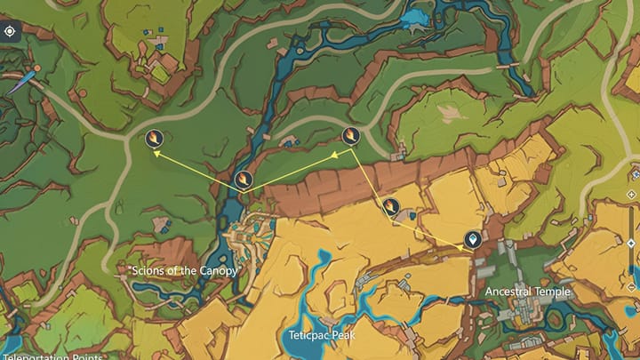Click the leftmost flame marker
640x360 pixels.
tap(154, 138)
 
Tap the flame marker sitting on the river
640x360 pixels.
tap(243, 180)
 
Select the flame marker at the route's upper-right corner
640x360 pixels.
tap(351, 136)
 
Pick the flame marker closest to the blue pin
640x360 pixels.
tap(391, 207)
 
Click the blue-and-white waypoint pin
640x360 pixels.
tap(472, 239)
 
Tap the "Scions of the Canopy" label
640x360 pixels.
tap(184, 270)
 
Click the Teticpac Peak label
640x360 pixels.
tap(321, 335)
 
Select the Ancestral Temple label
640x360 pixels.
tap(527, 292)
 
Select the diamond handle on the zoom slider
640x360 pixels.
tap(632, 244)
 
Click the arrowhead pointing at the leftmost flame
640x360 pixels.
tap(158, 154)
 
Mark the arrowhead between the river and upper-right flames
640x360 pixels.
tap(336, 156)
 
